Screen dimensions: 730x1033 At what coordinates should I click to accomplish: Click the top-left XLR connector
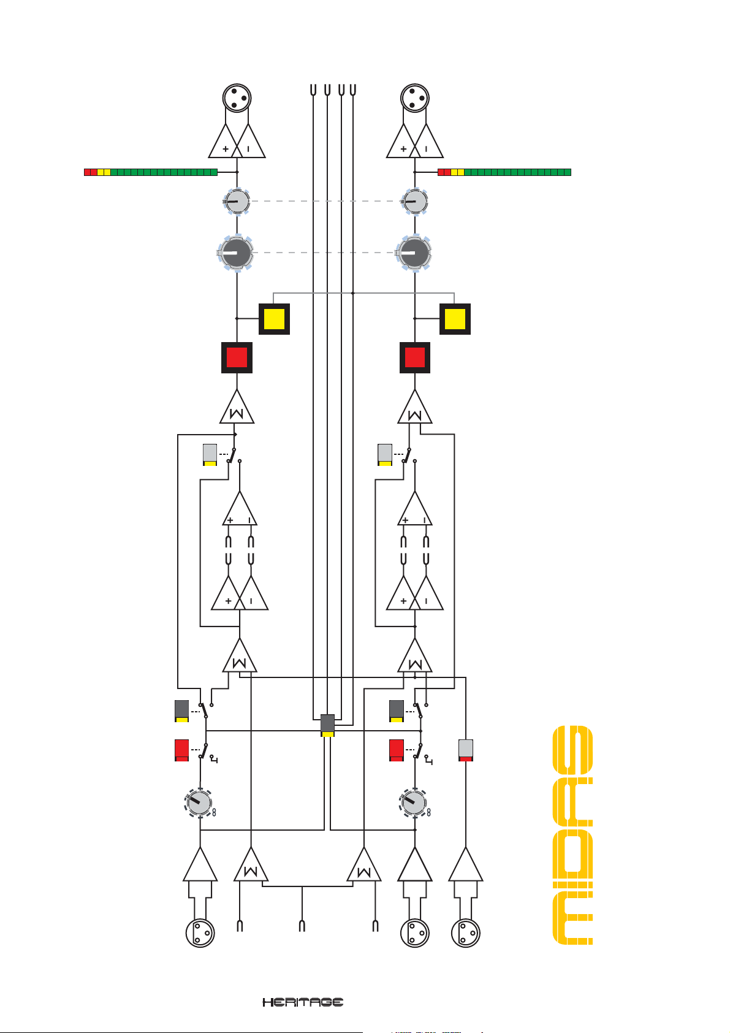pyautogui.click(x=237, y=98)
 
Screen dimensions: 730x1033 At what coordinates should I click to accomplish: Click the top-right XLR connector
pyautogui.click(x=414, y=98)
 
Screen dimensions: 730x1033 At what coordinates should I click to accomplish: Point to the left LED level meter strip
pyautogui.click(x=151, y=172)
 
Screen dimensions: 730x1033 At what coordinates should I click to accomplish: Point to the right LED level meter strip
pyautogui.click(x=504, y=172)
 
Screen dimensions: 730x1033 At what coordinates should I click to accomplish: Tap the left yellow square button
pyautogui.click(x=274, y=319)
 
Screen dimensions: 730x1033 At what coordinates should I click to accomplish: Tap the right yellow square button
pyautogui.click(x=455, y=319)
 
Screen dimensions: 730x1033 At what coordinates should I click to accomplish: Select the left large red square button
pyautogui.click(x=237, y=357)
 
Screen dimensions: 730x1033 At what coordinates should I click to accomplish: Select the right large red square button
pyautogui.click(x=415, y=357)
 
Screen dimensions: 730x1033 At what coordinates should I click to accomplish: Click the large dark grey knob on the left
pyautogui.click(x=236, y=253)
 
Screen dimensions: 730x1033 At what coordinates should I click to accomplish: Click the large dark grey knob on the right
pyautogui.click(x=414, y=253)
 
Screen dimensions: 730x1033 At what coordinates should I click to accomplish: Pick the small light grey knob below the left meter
pyautogui.click(x=237, y=201)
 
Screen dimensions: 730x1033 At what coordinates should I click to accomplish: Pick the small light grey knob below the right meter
pyautogui.click(x=414, y=201)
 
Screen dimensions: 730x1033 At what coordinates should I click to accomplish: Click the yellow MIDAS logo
pyautogui.click(x=572, y=835)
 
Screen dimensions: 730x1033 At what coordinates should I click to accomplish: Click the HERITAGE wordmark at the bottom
pyautogui.click(x=303, y=1002)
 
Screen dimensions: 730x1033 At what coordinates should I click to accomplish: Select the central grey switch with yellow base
pyautogui.click(x=328, y=725)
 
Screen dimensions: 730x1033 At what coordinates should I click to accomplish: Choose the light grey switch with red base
pyautogui.click(x=466, y=750)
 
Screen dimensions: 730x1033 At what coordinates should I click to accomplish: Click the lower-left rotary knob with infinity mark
pyautogui.click(x=199, y=802)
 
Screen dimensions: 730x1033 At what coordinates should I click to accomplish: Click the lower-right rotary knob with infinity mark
pyautogui.click(x=414, y=802)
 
